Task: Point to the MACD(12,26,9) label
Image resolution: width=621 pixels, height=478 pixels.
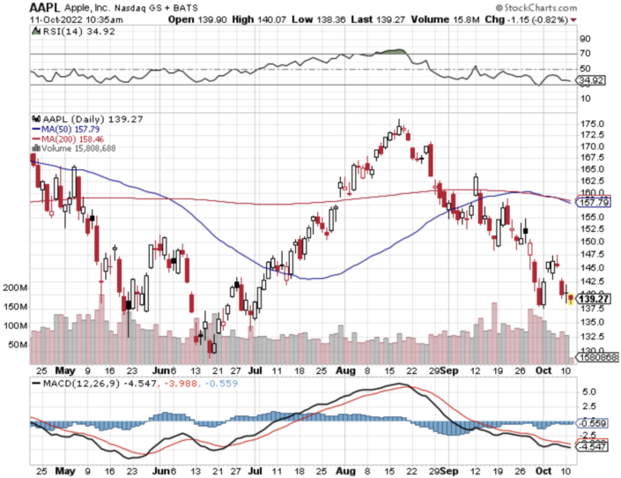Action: click(x=76, y=384)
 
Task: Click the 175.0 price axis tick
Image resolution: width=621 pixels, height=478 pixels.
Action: click(x=592, y=123)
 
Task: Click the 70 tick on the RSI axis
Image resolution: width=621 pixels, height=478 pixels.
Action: click(x=583, y=54)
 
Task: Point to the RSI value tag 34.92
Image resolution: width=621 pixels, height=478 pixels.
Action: click(x=591, y=80)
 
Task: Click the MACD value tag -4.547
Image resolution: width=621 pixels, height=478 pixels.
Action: click(x=593, y=447)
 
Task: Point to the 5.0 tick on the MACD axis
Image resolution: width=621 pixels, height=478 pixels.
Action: click(x=589, y=391)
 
